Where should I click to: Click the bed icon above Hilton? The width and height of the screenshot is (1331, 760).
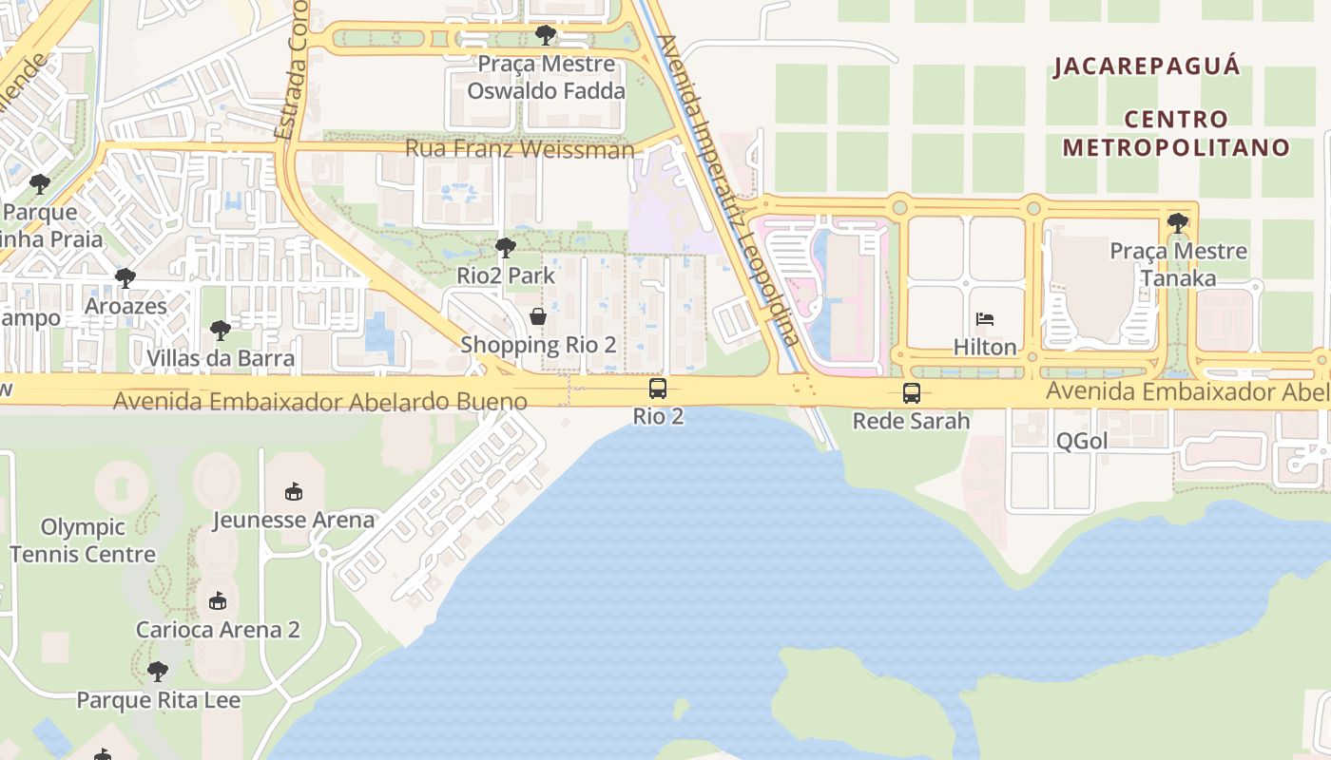coord(985,319)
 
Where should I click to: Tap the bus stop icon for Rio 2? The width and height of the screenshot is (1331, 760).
coord(658,388)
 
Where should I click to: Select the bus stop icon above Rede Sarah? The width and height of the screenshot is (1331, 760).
coord(911,392)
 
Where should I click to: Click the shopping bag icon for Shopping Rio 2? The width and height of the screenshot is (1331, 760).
coord(538,316)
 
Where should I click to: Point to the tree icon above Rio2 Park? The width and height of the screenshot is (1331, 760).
coord(506,248)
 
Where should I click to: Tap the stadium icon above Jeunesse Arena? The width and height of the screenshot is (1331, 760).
coord(294,492)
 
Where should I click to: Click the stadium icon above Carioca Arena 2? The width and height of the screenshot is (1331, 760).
coord(218,601)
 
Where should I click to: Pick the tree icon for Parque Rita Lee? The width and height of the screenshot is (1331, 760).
coord(158,672)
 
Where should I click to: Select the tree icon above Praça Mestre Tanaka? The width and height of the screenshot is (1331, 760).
coord(1178,223)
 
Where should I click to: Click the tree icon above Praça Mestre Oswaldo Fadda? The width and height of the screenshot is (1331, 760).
coord(546,35)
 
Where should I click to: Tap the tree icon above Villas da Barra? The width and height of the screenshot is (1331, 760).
coord(221,331)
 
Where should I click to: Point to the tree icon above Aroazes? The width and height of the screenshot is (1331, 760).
coord(125,278)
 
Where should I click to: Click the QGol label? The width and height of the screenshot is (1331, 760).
coord(1082,441)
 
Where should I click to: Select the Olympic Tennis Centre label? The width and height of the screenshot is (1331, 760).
coord(83,541)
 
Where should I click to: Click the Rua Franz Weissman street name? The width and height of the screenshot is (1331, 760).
coord(519,149)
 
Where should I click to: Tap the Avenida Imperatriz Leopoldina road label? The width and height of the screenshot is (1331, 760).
coord(729,190)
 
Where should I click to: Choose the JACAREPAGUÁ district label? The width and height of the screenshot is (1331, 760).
coord(1148,66)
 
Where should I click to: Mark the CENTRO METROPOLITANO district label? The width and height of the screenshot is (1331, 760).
coord(1176,133)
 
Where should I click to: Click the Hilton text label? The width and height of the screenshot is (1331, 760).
coord(985,347)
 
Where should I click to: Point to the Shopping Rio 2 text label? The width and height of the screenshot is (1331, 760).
coord(538,344)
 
